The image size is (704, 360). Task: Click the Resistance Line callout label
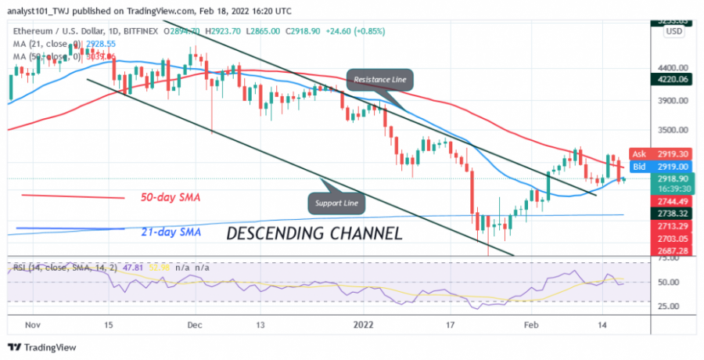click(x=379, y=80)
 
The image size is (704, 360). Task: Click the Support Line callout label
click(x=338, y=203)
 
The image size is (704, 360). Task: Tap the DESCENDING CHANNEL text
click(x=314, y=233)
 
